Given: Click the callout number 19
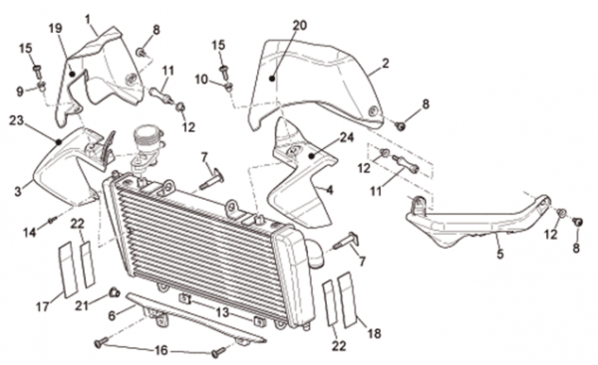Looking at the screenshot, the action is [56, 29].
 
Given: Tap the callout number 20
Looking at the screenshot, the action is [300, 25].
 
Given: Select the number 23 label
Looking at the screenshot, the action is [17, 120].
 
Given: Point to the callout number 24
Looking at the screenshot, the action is [347, 137].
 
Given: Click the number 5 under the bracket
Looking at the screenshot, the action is [500, 254].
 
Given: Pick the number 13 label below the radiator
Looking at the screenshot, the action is [222, 312].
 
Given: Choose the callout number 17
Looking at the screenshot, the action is [43, 306].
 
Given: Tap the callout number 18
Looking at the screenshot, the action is [374, 333].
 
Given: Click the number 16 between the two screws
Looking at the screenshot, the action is [161, 350].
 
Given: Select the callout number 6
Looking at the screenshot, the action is [112, 315].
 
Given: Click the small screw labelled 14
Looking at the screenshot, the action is [52, 220].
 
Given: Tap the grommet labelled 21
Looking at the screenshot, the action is [114, 292].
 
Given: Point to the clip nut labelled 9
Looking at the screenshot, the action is [42, 87].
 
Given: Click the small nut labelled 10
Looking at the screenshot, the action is [228, 88].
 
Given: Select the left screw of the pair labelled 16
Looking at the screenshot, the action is [100, 343].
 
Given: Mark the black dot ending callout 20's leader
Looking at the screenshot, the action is [272, 79].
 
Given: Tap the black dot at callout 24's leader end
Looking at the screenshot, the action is [312, 156].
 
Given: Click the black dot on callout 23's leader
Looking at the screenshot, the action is [59, 142].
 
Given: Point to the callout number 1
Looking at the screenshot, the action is [89, 19].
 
